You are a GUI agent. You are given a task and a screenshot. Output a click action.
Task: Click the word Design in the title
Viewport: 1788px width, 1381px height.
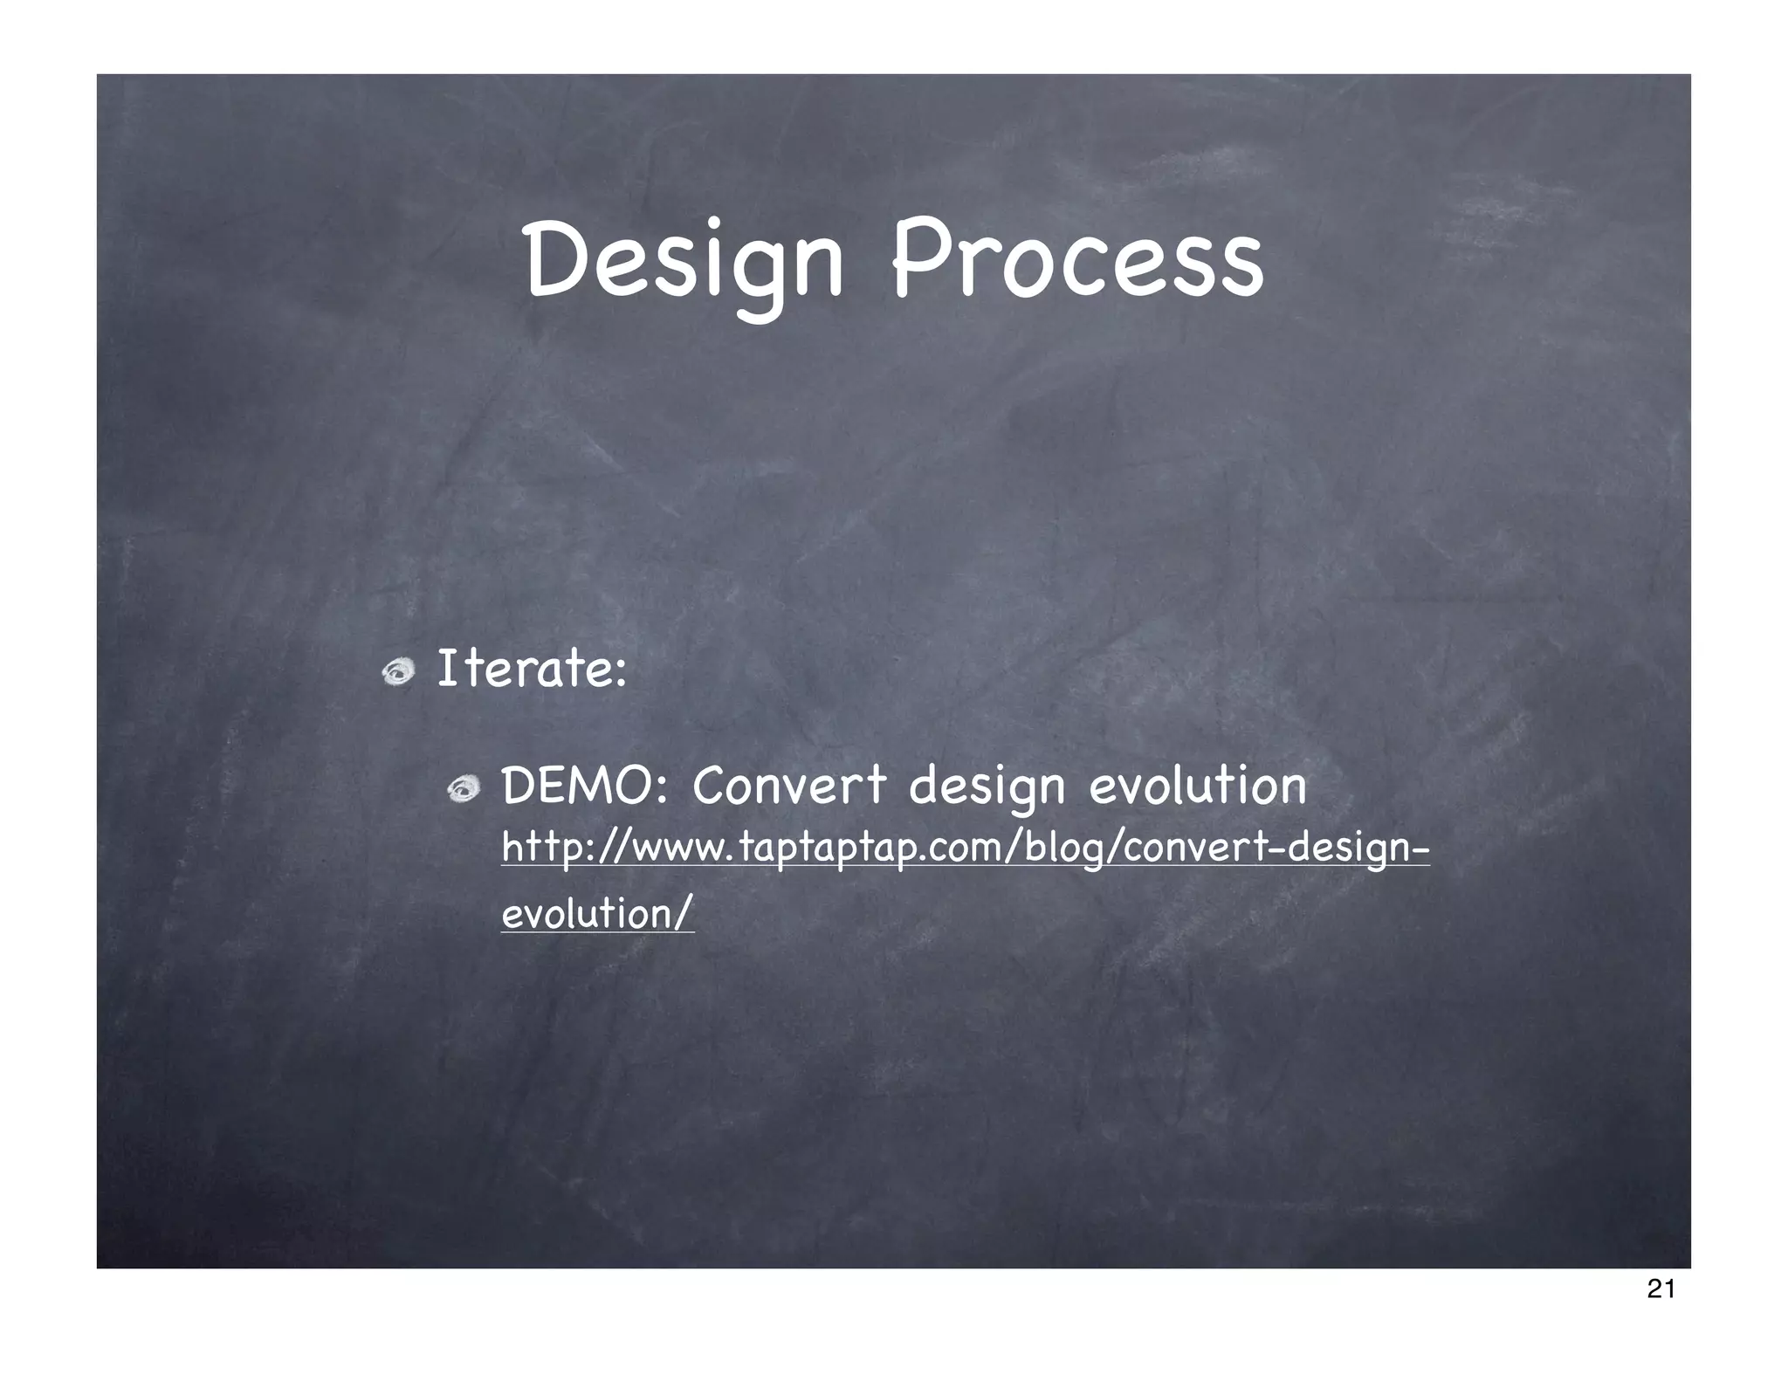tap(684, 260)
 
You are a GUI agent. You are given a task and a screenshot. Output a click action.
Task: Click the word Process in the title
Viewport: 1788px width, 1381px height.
tap(1076, 260)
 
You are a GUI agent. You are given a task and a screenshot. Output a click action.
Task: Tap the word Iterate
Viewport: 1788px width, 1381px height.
tap(522, 669)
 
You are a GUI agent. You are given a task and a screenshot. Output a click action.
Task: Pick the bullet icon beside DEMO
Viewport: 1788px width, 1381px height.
tap(464, 790)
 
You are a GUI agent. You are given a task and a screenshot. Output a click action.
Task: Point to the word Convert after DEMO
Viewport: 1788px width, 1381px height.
tap(789, 786)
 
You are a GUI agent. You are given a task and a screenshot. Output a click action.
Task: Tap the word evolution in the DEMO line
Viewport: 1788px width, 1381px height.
tap(1197, 786)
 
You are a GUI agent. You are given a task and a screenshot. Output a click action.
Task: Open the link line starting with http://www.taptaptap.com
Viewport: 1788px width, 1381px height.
tap(965, 849)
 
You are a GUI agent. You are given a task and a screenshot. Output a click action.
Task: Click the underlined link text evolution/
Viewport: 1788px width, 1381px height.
tap(598, 914)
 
